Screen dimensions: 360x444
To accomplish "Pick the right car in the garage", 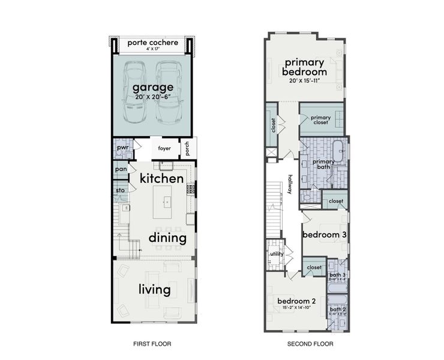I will [169, 94].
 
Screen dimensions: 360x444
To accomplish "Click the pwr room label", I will [122, 147].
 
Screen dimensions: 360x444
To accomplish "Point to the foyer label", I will [164, 148].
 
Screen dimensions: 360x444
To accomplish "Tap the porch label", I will [188, 148].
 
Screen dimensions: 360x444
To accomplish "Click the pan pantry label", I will [121, 170].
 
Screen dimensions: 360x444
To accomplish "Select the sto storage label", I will [120, 191].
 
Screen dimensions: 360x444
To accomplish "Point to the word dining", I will [167, 238].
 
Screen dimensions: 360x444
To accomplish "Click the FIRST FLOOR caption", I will [152, 344].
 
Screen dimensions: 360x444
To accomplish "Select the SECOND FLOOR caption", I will [306, 344].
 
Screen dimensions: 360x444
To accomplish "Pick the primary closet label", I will [320, 119].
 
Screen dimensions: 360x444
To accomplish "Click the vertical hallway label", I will [290, 184].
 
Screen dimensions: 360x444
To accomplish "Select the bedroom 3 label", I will [324, 235].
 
